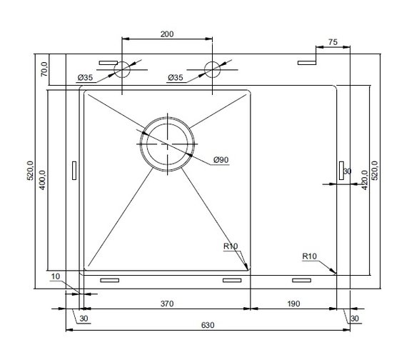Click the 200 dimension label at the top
(x=167, y=34)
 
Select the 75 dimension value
(x=333, y=42)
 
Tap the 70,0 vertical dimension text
(x=44, y=69)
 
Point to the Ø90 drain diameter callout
(x=221, y=160)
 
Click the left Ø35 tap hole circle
(x=122, y=61)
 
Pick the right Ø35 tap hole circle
(x=212, y=61)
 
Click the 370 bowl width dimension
(x=167, y=304)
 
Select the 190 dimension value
(x=293, y=304)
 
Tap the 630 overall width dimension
(x=208, y=325)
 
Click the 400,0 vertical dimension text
(x=43, y=180)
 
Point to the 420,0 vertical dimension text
(x=365, y=180)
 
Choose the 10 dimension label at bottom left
(x=56, y=276)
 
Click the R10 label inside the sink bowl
(x=231, y=246)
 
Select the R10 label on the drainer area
(x=310, y=256)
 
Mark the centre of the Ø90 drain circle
(x=168, y=144)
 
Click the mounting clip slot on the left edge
(x=74, y=171)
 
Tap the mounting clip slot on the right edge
(x=341, y=171)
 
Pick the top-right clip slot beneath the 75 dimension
(x=307, y=63)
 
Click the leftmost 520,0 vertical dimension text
(x=31, y=171)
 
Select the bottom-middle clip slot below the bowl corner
(x=232, y=280)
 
